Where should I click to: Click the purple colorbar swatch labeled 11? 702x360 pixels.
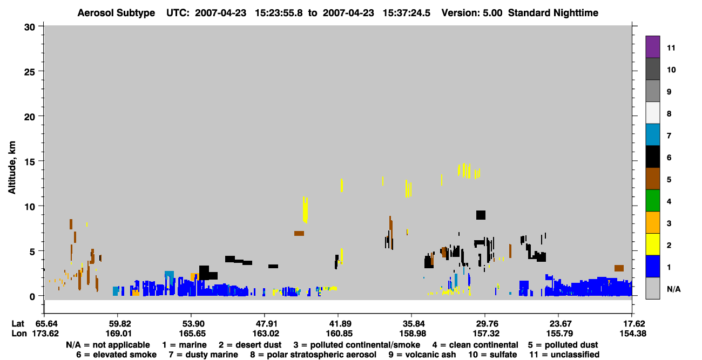tap(652, 46)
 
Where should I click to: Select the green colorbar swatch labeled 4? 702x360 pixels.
tap(652, 201)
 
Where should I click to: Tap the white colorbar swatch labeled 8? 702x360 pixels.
tap(652, 113)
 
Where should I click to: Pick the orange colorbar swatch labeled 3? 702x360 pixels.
tap(652, 222)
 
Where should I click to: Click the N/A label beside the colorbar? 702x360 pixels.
tap(673, 289)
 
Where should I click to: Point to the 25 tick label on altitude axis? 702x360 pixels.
tap(30, 72)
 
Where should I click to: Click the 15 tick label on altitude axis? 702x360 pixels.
tap(30, 162)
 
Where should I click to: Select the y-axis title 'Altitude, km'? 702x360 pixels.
tap(11, 167)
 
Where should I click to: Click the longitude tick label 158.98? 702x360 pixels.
tap(413, 334)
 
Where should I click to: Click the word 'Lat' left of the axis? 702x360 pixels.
tap(18, 324)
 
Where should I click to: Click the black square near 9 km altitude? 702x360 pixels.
tap(481, 215)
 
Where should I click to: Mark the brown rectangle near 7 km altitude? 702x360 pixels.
tap(299, 233)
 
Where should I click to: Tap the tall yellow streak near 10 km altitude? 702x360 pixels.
tap(305, 209)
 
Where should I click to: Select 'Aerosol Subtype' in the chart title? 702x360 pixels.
tap(116, 13)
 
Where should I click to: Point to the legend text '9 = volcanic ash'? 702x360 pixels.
tap(422, 355)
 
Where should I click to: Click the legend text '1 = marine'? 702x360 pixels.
tap(184, 345)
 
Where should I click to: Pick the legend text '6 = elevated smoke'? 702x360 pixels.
tap(116, 355)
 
